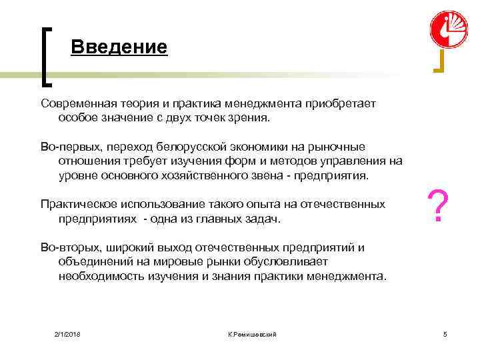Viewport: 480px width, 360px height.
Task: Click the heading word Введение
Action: (119, 47)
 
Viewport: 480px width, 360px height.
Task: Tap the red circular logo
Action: (448, 29)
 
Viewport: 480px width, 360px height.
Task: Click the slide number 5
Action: (445, 333)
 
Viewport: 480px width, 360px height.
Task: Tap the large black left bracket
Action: (47, 57)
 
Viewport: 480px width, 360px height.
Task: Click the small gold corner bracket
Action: (439, 63)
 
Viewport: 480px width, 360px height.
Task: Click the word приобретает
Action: (341, 103)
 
